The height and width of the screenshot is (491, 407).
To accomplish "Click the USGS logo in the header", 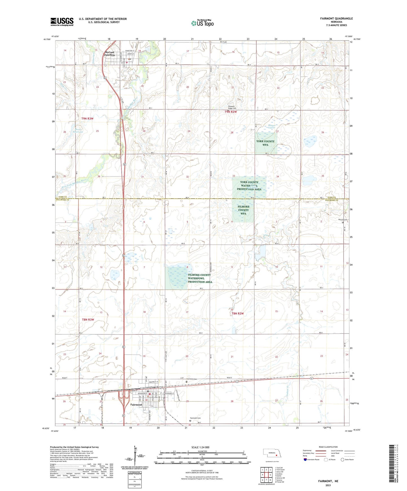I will pyautogui.click(x=62, y=22).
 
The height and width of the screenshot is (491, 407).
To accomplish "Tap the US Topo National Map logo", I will pyautogui.click(x=202, y=23).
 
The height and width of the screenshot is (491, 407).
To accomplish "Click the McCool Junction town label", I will pyautogui.click(x=110, y=53).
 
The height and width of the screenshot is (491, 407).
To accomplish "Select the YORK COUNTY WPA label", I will pyautogui.click(x=265, y=143).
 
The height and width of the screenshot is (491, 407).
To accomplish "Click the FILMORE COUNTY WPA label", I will pyautogui.click(x=243, y=210).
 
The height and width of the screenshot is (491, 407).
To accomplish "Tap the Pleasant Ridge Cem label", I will pyautogui.click(x=232, y=107).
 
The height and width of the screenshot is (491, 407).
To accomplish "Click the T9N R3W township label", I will pyautogui.click(x=87, y=119).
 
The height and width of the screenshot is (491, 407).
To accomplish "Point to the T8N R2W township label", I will pyautogui.click(x=237, y=313).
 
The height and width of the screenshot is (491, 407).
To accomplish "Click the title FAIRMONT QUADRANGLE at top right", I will pyautogui.click(x=336, y=19).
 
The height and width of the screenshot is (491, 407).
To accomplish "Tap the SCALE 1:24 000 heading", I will pyautogui.click(x=200, y=447).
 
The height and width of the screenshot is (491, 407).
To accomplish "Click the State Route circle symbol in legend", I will pyautogui.click(x=342, y=460).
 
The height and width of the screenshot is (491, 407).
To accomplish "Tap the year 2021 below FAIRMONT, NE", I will pyautogui.click(x=328, y=485).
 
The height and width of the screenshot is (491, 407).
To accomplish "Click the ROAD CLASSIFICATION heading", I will pyautogui.click(x=328, y=447).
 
